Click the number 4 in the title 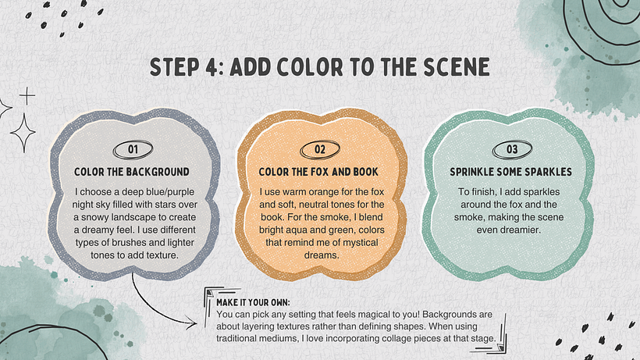(x=210, y=67)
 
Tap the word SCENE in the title (x=457, y=67)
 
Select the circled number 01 (x=133, y=150)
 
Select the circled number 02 (x=320, y=150)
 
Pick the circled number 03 (x=512, y=150)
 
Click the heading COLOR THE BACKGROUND (x=132, y=172)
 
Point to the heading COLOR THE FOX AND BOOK (x=318, y=172)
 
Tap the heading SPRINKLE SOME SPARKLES (x=510, y=172)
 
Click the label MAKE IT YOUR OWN (x=253, y=302)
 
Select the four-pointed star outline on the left (x=23, y=133)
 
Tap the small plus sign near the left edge (x=27, y=96)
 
